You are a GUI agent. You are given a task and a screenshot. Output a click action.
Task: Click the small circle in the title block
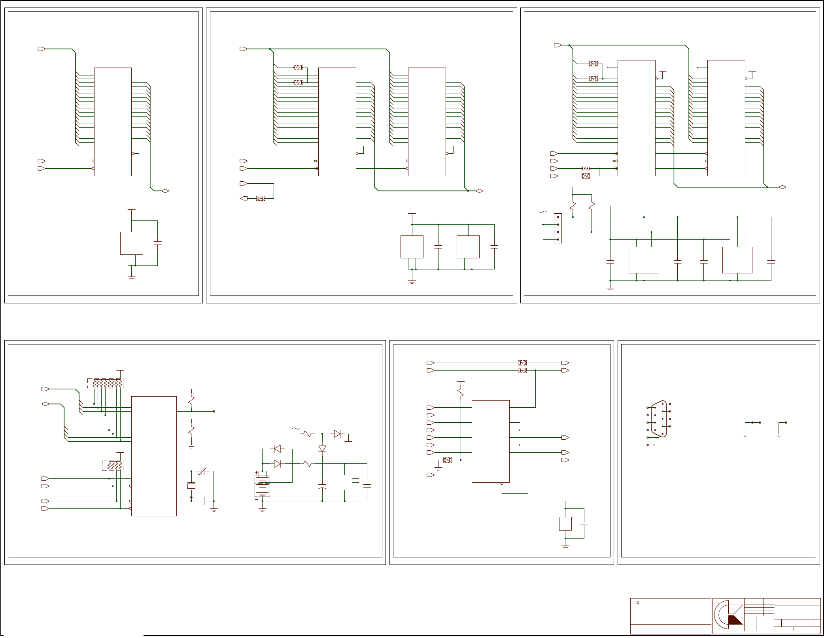coord(638,602)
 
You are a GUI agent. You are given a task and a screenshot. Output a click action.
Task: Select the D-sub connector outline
coord(660,419)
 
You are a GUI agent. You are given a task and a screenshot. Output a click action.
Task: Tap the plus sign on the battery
coord(256,473)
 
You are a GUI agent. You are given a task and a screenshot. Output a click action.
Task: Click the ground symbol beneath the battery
coord(262,510)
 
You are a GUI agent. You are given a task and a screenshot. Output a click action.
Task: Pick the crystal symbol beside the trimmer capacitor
coord(191,486)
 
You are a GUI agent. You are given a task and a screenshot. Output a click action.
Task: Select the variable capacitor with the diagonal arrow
coord(202,471)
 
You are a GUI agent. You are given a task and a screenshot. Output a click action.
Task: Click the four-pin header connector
coord(558,228)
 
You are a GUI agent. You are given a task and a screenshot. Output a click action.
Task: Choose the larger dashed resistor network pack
coord(105,383)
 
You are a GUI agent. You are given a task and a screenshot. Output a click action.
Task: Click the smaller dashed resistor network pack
coord(113,466)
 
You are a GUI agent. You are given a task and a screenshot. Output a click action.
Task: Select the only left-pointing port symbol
coord(244,198)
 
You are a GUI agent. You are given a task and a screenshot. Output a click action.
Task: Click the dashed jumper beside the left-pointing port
coord(260,198)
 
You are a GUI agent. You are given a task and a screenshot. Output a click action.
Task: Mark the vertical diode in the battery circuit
coord(322,449)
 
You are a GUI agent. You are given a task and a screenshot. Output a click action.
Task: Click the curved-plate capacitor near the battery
coord(322,486)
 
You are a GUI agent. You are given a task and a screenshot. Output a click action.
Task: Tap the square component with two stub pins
coord(344,482)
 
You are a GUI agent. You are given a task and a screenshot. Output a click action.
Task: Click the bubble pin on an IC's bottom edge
coord(502,484)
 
